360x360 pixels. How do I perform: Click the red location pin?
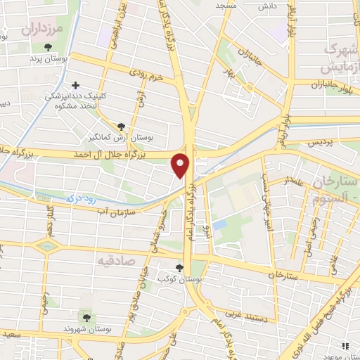coord(181,166)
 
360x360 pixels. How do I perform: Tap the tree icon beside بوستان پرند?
coord(47,48)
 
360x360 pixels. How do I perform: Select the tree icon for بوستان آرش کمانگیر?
coord(122,127)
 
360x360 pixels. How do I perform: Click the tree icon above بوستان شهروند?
coord(86,319)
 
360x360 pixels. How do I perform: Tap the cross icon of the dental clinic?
coord(76,85)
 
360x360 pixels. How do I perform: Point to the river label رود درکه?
coord(78,198)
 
